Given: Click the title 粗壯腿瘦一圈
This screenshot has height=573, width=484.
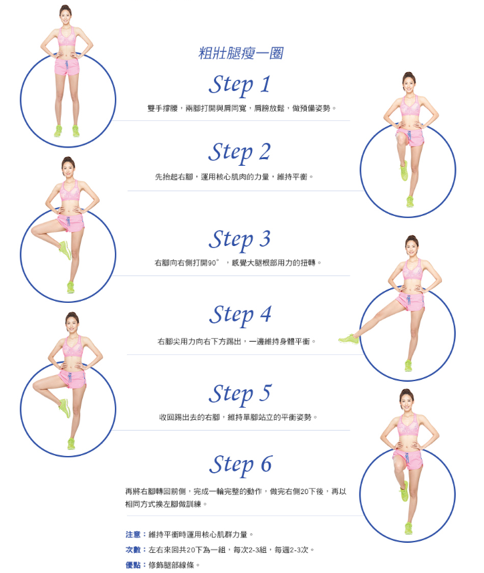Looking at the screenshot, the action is [241, 53].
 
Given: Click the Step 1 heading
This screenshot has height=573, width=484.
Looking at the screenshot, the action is [239, 86].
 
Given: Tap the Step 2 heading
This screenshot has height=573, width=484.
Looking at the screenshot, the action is [239, 153].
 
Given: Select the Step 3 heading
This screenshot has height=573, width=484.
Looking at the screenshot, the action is [239, 240].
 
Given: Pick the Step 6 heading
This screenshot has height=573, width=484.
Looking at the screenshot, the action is [241, 465].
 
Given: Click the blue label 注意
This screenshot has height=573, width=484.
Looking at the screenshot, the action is [133, 535].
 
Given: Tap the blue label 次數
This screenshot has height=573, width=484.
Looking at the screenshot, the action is [133, 550].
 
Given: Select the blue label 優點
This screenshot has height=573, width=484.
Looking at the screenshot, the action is [133, 565].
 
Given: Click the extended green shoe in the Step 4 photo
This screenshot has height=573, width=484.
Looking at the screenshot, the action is [348, 339].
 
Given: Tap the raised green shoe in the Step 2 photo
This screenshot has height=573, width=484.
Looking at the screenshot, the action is [404, 170].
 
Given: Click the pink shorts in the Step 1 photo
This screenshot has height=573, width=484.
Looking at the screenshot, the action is [67, 68].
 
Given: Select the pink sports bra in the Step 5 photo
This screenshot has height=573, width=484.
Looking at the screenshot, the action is [73, 346].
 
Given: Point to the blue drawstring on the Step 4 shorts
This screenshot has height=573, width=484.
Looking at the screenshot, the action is [408, 300].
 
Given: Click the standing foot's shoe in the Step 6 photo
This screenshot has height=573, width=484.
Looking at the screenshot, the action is [408, 529].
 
